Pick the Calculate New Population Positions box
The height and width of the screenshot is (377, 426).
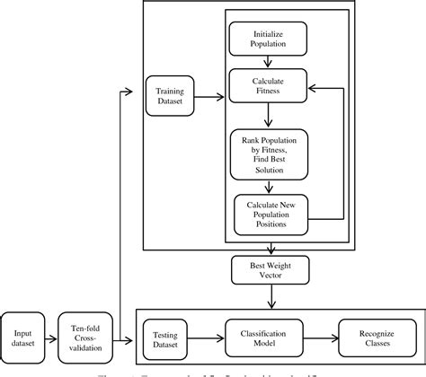(x=270, y=214)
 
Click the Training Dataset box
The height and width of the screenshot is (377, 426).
(x=171, y=95)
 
